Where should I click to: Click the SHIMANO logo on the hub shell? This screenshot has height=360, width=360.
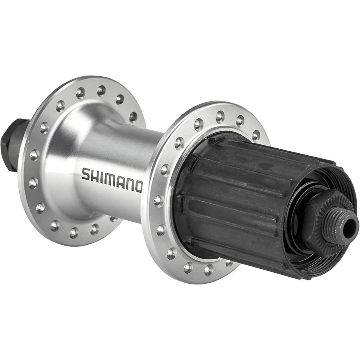click(x=112, y=180)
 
